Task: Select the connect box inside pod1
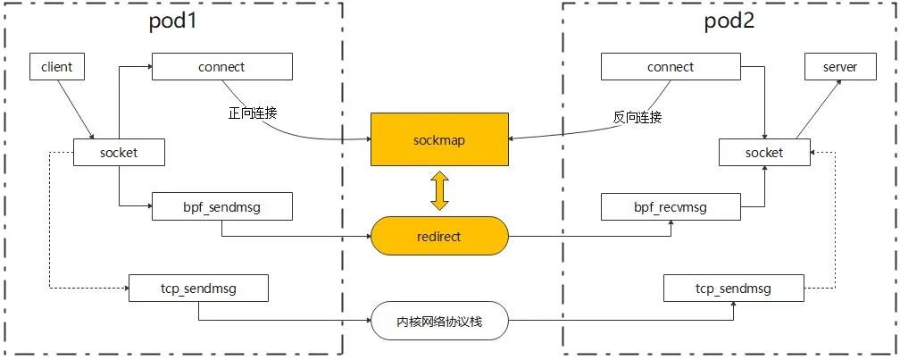(x=222, y=67)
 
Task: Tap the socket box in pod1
(x=118, y=153)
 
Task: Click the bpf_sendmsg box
(x=222, y=207)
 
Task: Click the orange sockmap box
(x=439, y=139)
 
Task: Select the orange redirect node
(x=439, y=236)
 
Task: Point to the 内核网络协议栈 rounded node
(x=439, y=321)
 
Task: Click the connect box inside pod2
(x=671, y=67)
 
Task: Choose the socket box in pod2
(x=763, y=153)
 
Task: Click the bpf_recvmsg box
(x=671, y=207)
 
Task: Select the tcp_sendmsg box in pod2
(x=733, y=289)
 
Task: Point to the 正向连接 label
(x=253, y=114)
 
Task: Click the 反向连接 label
(x=637, y=117)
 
